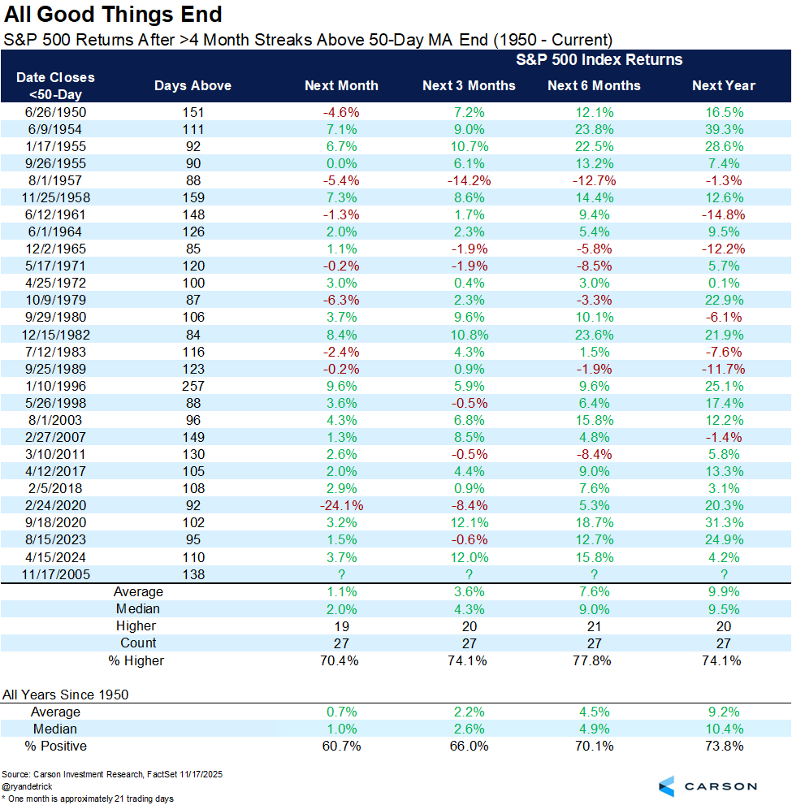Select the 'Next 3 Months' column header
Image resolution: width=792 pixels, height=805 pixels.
[469, 85]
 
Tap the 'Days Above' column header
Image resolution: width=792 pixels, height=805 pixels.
[193, 85]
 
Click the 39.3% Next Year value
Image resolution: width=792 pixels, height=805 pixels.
[723, 128]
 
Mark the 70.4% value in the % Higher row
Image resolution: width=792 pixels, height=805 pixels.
[341, 660]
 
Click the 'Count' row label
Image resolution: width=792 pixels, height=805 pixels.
[138, 643]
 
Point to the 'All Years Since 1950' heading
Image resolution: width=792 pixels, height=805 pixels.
[65, 695]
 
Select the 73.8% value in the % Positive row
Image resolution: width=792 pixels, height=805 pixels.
[723, 746]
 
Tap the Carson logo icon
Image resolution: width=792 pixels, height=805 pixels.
[666, 786]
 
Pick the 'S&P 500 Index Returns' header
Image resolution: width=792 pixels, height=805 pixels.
[599, 59]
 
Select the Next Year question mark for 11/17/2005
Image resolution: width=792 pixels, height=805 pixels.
[723, 573]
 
